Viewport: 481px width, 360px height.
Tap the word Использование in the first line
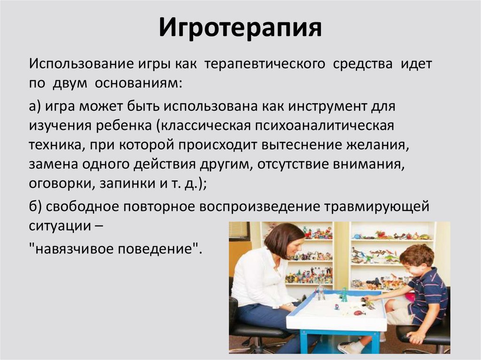76,64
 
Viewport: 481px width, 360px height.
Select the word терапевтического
264,64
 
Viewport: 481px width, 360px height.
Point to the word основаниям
138,84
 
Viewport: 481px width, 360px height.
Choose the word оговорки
61,184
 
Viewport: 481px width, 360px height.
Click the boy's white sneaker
349,347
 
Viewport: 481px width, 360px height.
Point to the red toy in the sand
358,313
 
